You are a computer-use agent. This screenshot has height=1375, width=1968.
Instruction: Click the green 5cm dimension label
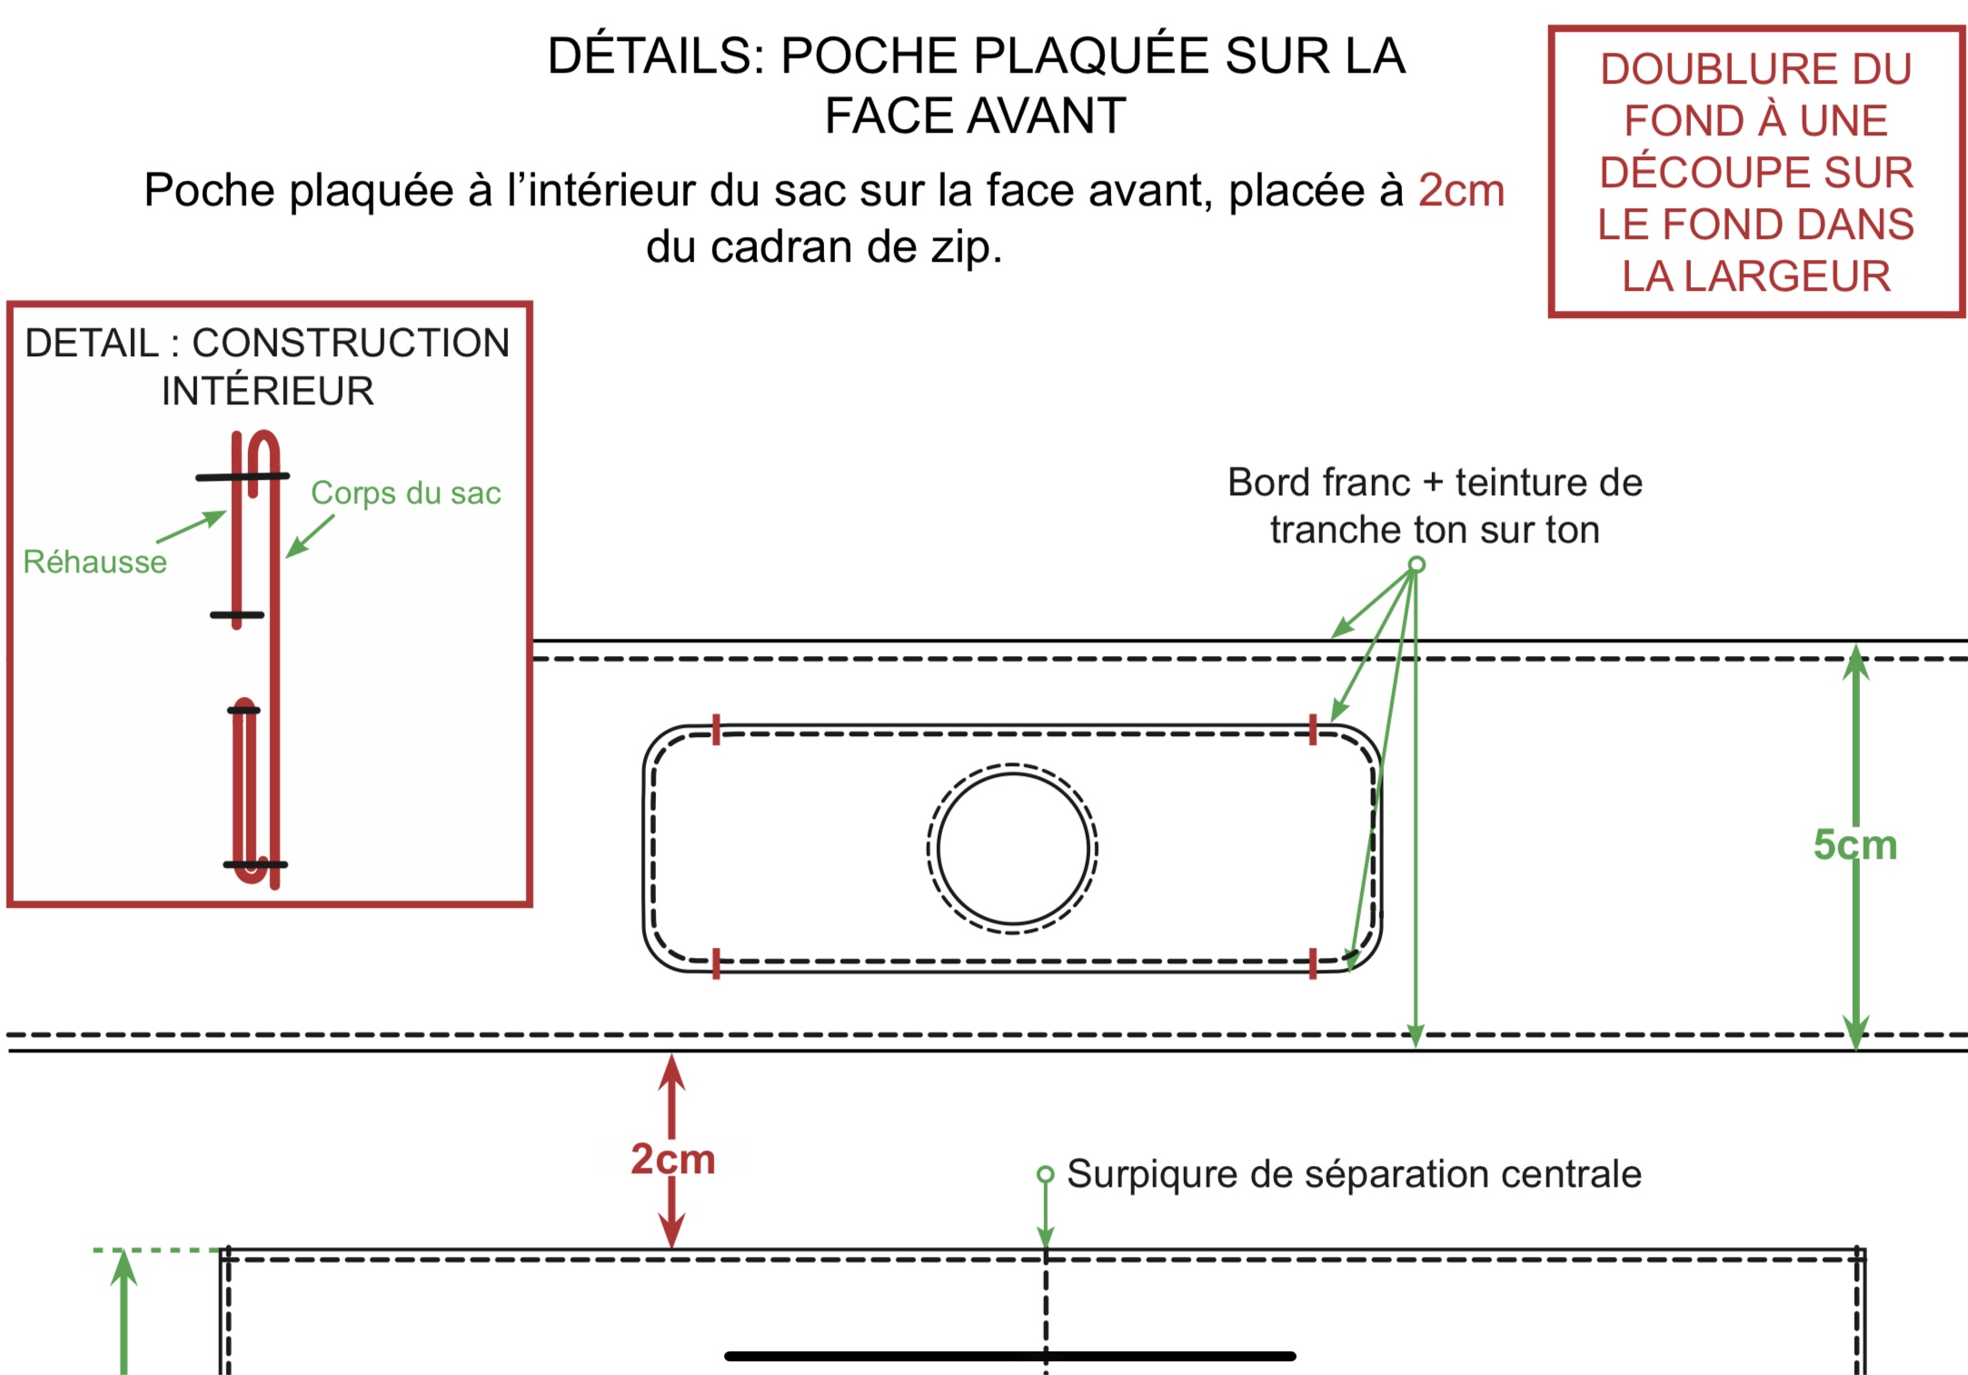[1855, 845]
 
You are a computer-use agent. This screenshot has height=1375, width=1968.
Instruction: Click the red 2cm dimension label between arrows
[673, 1159]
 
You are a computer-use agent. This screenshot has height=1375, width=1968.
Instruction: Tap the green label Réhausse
[95, 562]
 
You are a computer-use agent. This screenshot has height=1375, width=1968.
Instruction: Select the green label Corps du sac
[406, 493]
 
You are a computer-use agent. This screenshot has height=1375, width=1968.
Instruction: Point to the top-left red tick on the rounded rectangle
[716, 730]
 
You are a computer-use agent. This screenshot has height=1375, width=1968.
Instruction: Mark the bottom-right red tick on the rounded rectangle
[1313, 963]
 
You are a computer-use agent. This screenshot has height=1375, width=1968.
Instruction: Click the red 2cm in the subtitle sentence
[1461, 191]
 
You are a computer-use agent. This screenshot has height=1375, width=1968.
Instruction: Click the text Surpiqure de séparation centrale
[1354, 1174]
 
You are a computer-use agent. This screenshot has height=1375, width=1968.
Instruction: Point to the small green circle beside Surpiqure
[1046, 1174]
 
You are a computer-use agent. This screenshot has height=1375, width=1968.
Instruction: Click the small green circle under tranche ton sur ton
[1416, 564]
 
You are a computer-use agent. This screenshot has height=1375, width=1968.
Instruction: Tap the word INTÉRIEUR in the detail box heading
[268, 391]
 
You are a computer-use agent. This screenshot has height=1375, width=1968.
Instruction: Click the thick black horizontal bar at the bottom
[1010, 1356]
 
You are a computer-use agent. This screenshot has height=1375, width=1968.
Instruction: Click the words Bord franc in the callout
[1318, 483]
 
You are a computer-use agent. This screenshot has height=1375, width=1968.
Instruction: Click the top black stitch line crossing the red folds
[243, 476]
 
